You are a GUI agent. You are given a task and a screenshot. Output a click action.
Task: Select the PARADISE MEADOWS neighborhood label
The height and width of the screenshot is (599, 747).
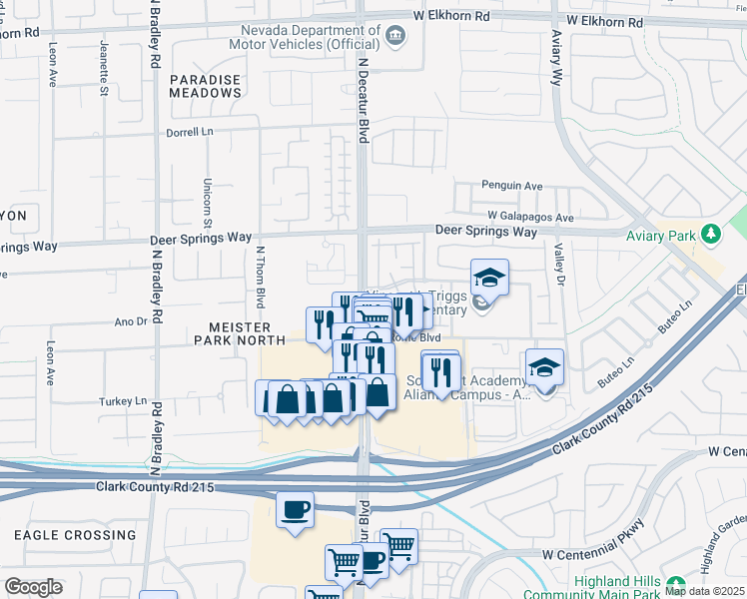tap(205, 86)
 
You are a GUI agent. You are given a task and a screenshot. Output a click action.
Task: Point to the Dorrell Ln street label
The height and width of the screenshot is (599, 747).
tap(190, 130)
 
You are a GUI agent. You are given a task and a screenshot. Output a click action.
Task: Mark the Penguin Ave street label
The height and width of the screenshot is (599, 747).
tap(511, 186)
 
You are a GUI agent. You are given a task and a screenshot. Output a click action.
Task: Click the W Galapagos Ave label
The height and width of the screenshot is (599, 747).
tap(530, 217)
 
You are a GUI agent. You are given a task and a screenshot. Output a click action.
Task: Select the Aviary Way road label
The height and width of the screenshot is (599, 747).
tap(556, 59)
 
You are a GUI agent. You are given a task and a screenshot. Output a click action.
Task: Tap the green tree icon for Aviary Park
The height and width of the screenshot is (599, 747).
tap(710, 234)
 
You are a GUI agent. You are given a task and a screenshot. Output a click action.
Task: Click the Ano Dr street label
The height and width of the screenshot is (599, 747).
tap(131, 321)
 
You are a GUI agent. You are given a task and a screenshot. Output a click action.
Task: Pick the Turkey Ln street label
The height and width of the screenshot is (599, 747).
tap(123, 401)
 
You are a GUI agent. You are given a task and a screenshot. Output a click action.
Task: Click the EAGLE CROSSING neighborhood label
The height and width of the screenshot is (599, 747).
tap(75, 535)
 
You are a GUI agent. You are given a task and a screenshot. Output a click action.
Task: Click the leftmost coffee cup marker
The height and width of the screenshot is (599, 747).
tap(295, 509)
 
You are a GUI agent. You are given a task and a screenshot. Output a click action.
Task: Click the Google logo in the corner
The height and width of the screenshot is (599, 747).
tap(33, 586)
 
